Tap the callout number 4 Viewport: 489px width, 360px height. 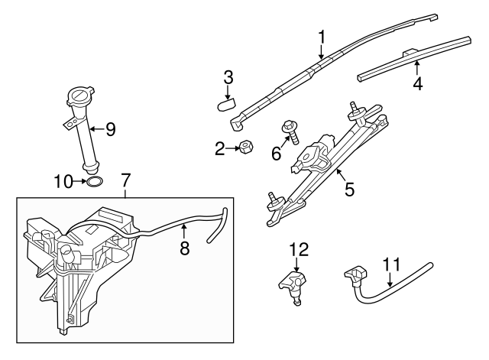click(418, 83)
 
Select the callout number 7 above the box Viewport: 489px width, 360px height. click(127, 181)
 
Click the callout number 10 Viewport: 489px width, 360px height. click(63, 181)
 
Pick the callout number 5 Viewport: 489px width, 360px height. click(349, 188)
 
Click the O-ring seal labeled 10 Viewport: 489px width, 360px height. click(94, 182)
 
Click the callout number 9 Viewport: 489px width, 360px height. click(110, 129)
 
